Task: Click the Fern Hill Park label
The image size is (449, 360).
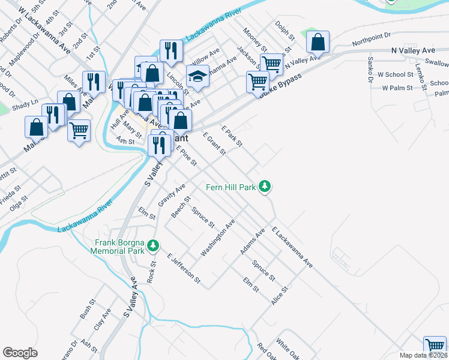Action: pyautogui.click(x=231, y=187)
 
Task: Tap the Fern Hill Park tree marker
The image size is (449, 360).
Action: pyautogui.click(x=265, y=188)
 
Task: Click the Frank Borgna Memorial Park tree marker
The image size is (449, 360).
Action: pyautogui.click(x=153, y=245)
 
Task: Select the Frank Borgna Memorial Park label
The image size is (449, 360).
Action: pyautogui.click(x=120, y=247)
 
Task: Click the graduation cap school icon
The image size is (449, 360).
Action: pyautogui.click(x=197, y=76)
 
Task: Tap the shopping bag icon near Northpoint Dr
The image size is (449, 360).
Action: pyautogui.click(x=318, y=43)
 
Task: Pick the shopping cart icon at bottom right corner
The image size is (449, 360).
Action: pyautogui.click(x=435, y=346)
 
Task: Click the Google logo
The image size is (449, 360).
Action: pyautogui.click(x=20, y=353)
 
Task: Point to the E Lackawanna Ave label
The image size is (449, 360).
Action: pyautogui.click(x=292, y=247)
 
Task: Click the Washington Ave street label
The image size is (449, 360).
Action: pyautogui.click(x=217, y=238)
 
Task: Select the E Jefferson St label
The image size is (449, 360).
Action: pyautogui.click(x=184, y=267)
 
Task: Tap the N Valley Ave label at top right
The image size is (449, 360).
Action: pyautogui.click(x=414, y=52)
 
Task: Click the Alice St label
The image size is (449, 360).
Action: pyautogui.click(x=280, y=295)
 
